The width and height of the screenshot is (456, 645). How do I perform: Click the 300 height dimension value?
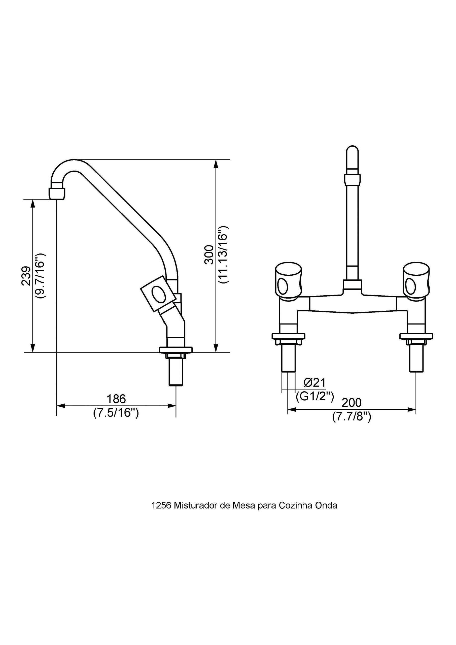click(209, 254)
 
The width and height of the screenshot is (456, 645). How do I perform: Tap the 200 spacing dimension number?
click(351, 403)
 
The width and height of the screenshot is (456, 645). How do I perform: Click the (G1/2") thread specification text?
click(315, 396)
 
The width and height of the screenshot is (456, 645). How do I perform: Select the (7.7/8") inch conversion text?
click(352, 416)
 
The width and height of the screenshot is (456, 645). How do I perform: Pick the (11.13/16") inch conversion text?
click(224, 254)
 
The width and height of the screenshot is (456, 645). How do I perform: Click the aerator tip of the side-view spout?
click(57, 193)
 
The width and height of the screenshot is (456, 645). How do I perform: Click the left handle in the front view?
click(289, 280)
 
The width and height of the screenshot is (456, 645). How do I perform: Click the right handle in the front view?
click(416, 280)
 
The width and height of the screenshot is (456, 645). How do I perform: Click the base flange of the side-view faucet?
click(176, 349)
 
